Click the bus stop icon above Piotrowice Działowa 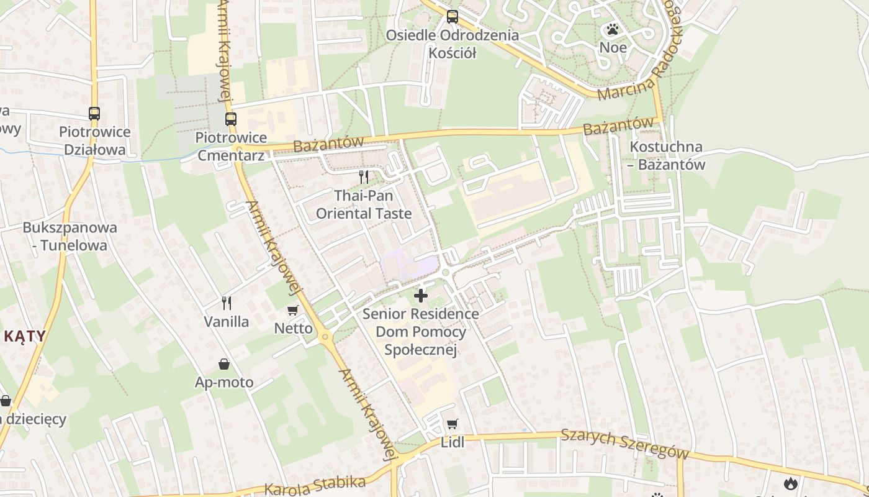pyautogui.click(x=94, y=114)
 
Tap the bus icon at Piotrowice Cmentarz pyautogui.click(x=231, y=119)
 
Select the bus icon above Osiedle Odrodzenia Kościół pyautogui.click(x=453, y=17)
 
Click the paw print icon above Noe pyautogui.click(x=613, y=29)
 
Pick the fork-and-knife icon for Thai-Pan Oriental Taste pyautogui.click(x=364, y=177)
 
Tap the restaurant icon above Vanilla pyautogui.click(x=227, y=303)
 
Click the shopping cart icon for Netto pyautogui.click(x=293, y=310)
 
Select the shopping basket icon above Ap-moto pyautogui.click(x=224, y=364)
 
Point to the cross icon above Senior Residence pyautogui.click(x=421, y=296)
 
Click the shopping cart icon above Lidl pyautogui.click(x=453, y=424)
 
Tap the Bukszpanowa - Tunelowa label pyautogui.click(x=70, y=236)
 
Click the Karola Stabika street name pyautogui.click(x=315, y=485)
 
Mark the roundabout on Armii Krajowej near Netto pyautogui.click(x=325, y=337)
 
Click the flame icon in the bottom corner pyautogui.click(x=790, y=483)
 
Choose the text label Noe pyautogui.click(x=613, y=48)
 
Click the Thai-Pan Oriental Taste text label pyautogui.click(x=364, y=204)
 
